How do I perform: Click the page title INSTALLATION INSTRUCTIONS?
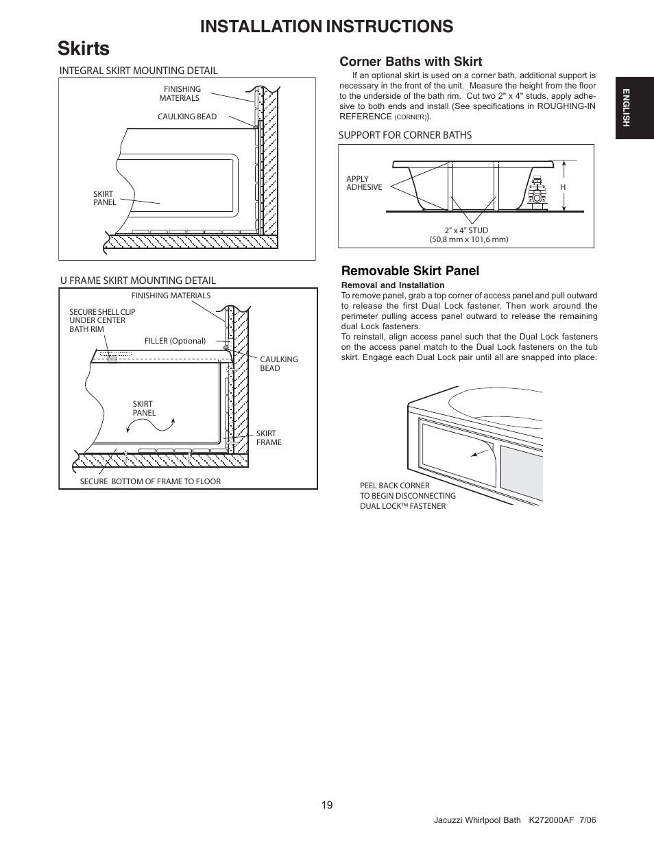pos(327,26)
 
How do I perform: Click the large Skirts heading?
pos(84,49)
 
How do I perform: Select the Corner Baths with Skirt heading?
pos(411,62)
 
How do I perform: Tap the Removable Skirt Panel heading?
pos(409,271)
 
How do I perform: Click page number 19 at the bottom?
pos(327,805)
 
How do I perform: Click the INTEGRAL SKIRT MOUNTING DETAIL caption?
pos(138,71)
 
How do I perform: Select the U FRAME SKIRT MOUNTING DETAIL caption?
pos(137,281)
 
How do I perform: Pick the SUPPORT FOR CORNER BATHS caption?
pos(404,135)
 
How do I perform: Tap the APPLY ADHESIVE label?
pos(364,183)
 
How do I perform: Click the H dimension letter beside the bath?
pos(563,187)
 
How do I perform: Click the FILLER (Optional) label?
pos(175,341)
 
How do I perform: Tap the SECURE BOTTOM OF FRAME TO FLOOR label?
pos(150,481)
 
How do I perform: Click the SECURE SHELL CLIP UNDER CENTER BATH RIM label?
pos(102,320)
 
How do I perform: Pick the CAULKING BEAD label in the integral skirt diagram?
pos(187,117)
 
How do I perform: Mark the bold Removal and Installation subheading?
pos(393,285)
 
